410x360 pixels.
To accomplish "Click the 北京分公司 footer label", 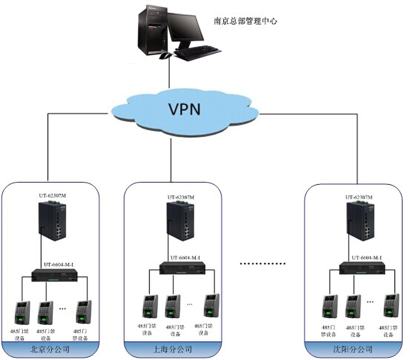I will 50,350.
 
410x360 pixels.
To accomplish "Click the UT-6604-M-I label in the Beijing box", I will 60,265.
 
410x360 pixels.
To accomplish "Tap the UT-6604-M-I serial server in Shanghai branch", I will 182,268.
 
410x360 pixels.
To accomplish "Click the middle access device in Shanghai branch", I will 172,307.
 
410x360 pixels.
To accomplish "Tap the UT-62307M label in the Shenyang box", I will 359,197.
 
